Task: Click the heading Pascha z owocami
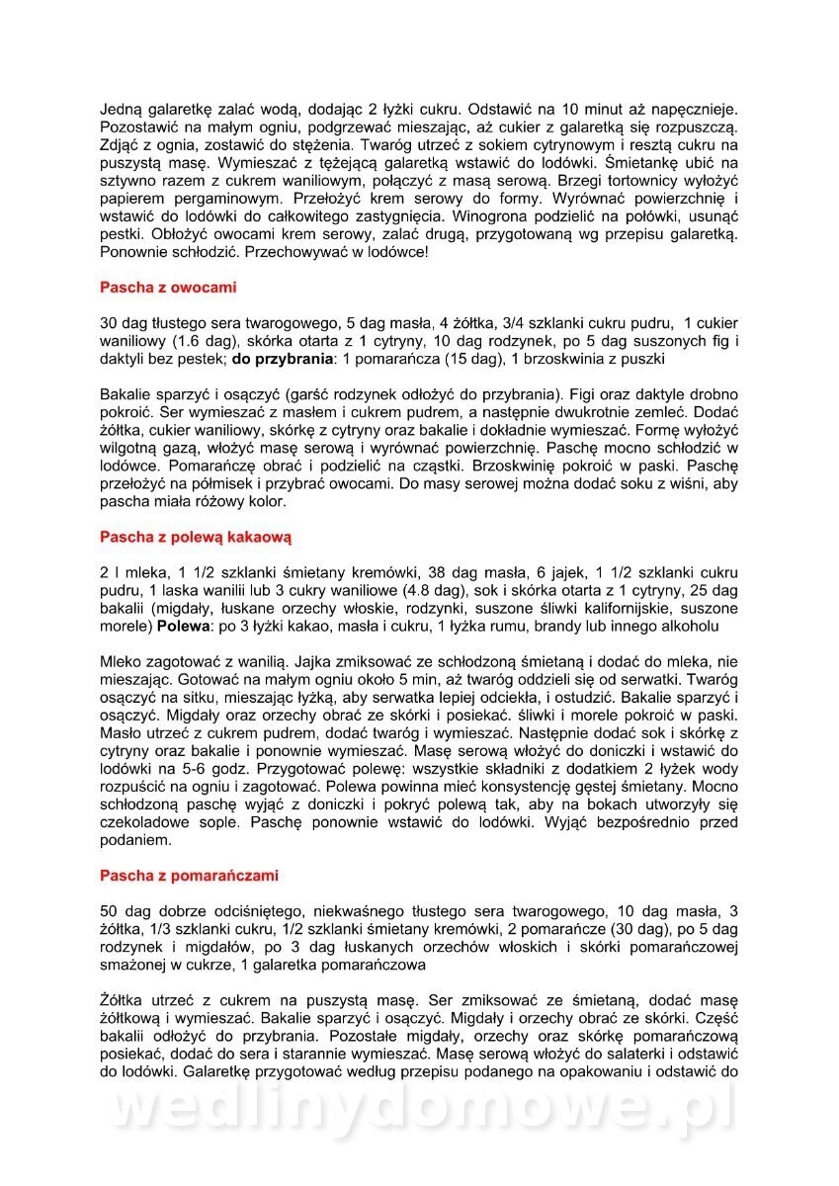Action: [x=168, y=288]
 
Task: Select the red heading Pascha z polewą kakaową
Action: [x=196, y=538]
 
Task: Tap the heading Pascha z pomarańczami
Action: [x=189, y=875]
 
